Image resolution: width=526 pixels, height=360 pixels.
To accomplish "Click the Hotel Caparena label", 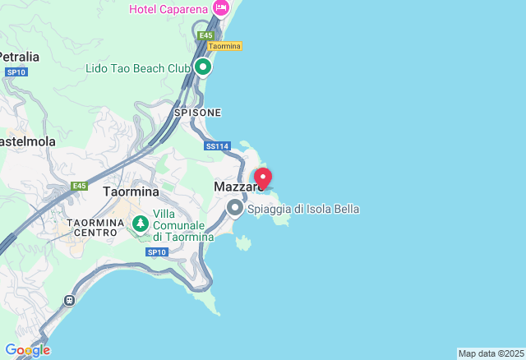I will click(169, 9).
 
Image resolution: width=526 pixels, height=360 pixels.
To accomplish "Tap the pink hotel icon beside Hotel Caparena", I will click(220, 8).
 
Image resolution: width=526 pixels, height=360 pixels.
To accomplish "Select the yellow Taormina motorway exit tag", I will click(224, 46).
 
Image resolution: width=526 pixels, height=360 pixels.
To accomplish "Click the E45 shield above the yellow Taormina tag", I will click(206, 35).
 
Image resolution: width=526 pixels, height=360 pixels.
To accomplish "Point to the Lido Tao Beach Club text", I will click(138, 67).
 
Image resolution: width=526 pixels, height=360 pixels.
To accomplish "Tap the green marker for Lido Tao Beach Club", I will click(202, 66).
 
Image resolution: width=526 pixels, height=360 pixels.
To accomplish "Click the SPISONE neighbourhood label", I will click(197, 112).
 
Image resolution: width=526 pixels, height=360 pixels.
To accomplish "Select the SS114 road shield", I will click(216, 145).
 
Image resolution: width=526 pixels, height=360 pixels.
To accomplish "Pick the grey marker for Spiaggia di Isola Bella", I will click(235, 208).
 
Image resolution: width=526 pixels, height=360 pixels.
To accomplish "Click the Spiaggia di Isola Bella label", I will click(303, 209).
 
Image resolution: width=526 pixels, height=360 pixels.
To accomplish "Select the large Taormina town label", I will click(131, 191).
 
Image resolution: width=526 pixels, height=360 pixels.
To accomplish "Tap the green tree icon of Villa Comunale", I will click(141, 223).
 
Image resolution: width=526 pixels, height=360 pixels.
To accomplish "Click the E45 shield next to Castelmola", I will click(79, 186).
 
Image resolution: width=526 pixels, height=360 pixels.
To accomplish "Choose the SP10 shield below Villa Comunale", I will click(156, 252).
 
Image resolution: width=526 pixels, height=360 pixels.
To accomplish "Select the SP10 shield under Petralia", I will click(16, 72).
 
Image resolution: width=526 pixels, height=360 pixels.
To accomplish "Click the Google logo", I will click(27, 350).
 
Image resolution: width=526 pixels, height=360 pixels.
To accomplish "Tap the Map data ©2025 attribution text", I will click(490, 353).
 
